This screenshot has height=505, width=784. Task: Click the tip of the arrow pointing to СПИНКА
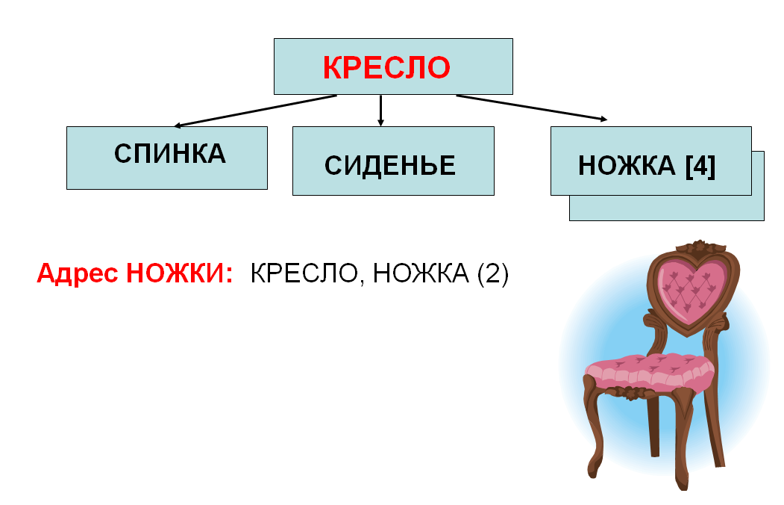pyautogui.click(x=174, y=126)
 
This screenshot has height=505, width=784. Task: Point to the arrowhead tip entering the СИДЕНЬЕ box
pyautogui.click(x=380, y=126)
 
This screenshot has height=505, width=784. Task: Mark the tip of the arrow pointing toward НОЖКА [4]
pyautogui.click(x=607, y=120)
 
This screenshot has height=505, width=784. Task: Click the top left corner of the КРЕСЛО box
pyautogui.click(x=274, y=39)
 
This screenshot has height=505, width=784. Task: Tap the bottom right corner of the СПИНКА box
pyautogui.click(x=268, y=189)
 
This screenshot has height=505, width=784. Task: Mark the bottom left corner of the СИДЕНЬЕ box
pyautogui.click(x=292, y=195)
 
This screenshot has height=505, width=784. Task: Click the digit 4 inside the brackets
pyautogui.click(x=700, y=166)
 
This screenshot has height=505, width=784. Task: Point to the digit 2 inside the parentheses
pyautogui.click(x=492, y=273)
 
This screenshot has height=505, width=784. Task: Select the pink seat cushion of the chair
pyautogui.click(x=650, y=371)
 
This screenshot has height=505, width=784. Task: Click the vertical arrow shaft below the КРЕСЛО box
pyautogui.click(x=380, y=110)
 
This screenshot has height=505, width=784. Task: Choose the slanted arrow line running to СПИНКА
pyautogui.click(x=256, y=111)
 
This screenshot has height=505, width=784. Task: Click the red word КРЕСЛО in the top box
pyautogui.click(x=386, y=67)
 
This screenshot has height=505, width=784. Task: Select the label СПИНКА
pyautogui.click(x=170, y=154)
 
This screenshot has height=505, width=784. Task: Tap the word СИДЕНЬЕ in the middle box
pyautogui.click(x=390, y=166)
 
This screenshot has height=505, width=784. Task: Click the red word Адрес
pyautogui.click(x=78, y=274)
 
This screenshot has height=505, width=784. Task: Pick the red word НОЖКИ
pyautogui.click(x=180, y=273)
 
